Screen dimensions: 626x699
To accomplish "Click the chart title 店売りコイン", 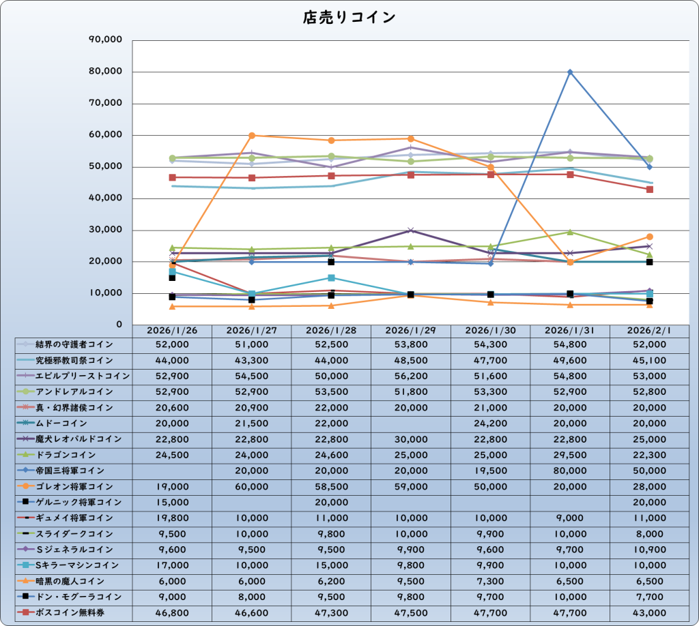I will tap(349, 17).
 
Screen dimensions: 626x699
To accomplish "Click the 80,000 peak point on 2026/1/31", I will tap(570, 72).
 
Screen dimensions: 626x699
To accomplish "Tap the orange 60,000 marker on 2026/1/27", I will tap(252, 136).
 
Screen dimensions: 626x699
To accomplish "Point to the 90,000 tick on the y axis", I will tap(106, 40).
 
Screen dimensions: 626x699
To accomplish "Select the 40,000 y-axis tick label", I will tap(106, 198).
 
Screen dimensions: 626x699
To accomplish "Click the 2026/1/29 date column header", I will tap(410, 330).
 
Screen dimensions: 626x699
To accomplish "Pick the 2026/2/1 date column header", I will tap(648, 330).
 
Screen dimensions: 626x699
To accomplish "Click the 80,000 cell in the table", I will tap(569, 471).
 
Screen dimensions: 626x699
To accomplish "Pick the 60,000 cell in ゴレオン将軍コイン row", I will tap(251, 486).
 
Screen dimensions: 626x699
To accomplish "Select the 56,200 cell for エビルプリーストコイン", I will tap(410, 376).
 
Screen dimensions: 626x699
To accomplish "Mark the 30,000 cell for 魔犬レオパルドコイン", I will tap(410, 439).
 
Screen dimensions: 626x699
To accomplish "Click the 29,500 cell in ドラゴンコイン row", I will tap(569, 455).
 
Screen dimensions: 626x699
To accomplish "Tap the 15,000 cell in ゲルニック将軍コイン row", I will tap(172, 502).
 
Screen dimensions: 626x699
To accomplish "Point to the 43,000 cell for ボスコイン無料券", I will tap(648, 612).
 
